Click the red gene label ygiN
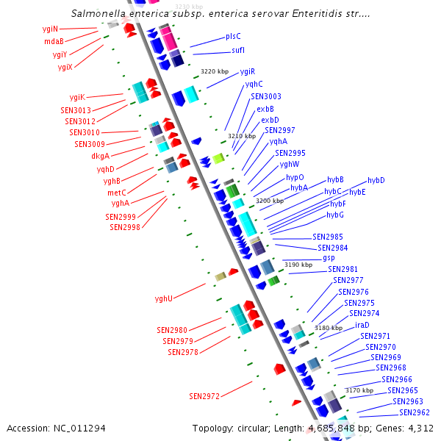50,29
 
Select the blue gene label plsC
233,36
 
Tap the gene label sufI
238,50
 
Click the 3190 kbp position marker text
298,265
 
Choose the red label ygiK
77,97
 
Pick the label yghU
163,298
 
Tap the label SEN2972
204,396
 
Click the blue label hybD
376,180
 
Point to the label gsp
329,258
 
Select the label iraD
362,325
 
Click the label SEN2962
414,412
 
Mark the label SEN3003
265,96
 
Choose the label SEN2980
172,330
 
